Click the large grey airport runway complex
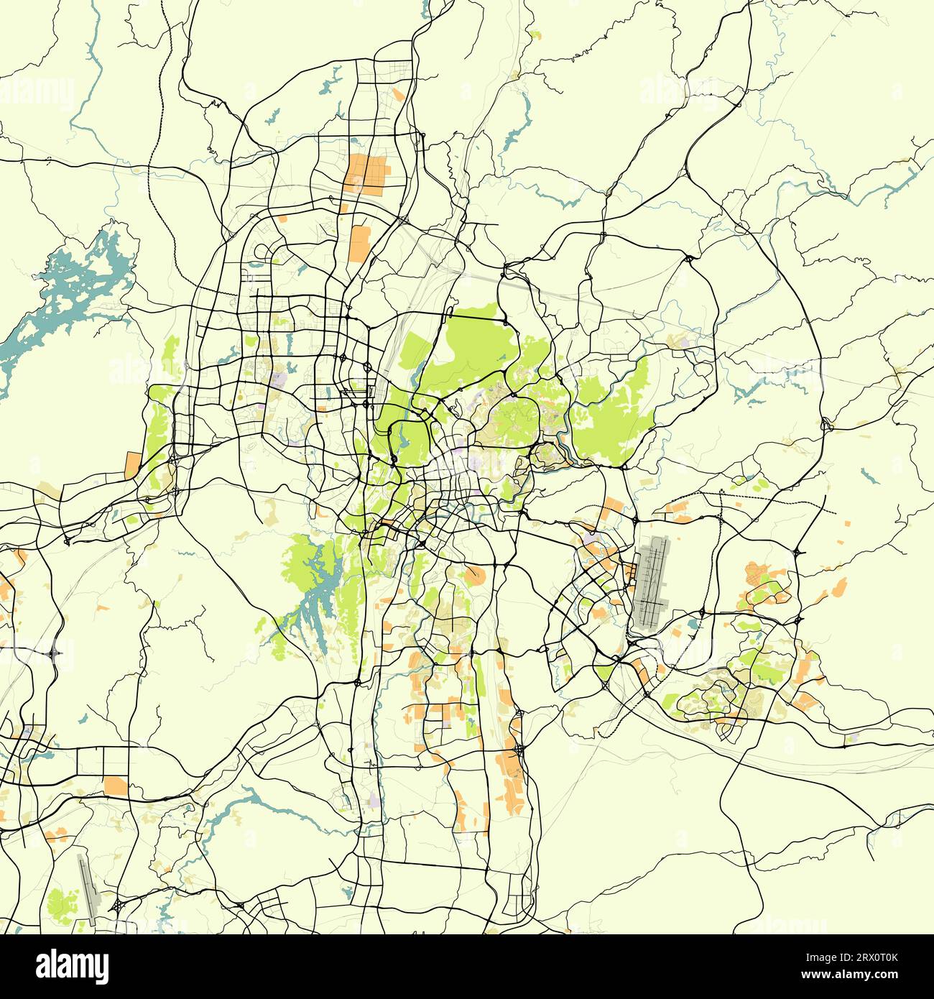pyautogui.click(x=651, y=582)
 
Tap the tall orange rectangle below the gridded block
pyautogui.click(x=359, y=243)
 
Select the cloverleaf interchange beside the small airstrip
pyautogui.click(x=116, y=906)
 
